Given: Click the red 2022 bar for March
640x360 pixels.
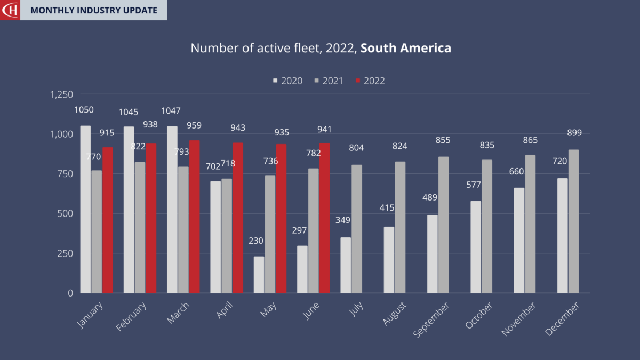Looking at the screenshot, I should (x=194, y=217).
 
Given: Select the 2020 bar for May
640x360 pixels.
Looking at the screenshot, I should (x=259, y=275).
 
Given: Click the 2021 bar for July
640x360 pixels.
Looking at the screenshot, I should (x=357, y=229).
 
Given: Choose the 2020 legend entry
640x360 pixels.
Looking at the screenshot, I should (x=288, y=81).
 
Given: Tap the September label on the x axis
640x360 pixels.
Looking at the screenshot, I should (x=431, y=319).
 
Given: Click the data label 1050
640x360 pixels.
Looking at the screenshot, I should (x=84, y=110).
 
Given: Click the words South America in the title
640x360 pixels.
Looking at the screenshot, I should (x=405, y=48).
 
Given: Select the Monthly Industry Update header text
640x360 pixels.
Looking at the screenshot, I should (x=93, y=10).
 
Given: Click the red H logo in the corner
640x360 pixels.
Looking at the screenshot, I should (x=10, y=10).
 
